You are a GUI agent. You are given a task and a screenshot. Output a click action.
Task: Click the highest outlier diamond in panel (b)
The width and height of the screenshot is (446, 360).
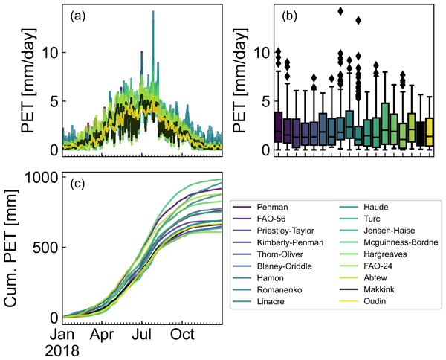coord(340,11)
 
